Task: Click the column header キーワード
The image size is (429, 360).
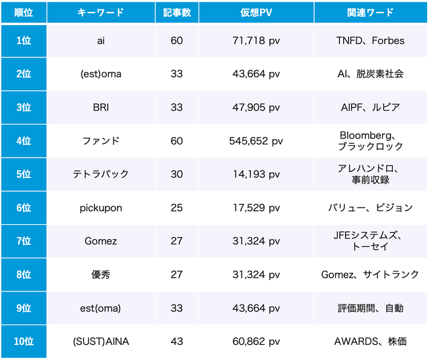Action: click(x=100, y=13)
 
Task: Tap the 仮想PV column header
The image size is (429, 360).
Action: click(x=256, y=13)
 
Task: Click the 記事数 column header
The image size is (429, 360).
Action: click(x=176, y=13)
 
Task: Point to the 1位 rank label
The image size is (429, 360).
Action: click(x=23, y=41)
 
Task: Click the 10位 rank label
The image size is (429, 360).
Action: click(x=23, y=341)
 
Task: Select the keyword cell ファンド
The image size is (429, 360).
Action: click(x=100, y=141)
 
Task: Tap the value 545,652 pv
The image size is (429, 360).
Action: click(x=256, y=141)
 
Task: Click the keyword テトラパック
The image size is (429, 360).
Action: click(x=100, y=174)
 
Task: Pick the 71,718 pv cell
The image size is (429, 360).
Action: click(x=256, y=41)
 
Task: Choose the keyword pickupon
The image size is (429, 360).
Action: click(x=100, y=208)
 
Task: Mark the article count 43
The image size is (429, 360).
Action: click(x=176, y=341)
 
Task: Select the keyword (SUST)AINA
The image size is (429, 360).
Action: click(x=100, y=341)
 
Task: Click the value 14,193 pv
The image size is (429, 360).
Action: click(x=256, y=174)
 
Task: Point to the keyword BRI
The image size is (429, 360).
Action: click(x=100, y=107)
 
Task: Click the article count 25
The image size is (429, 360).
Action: click(x=176, y=208)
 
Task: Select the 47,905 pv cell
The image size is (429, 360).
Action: click(x=256, y=107)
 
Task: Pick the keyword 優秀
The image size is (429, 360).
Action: click(x=100, y=274)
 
